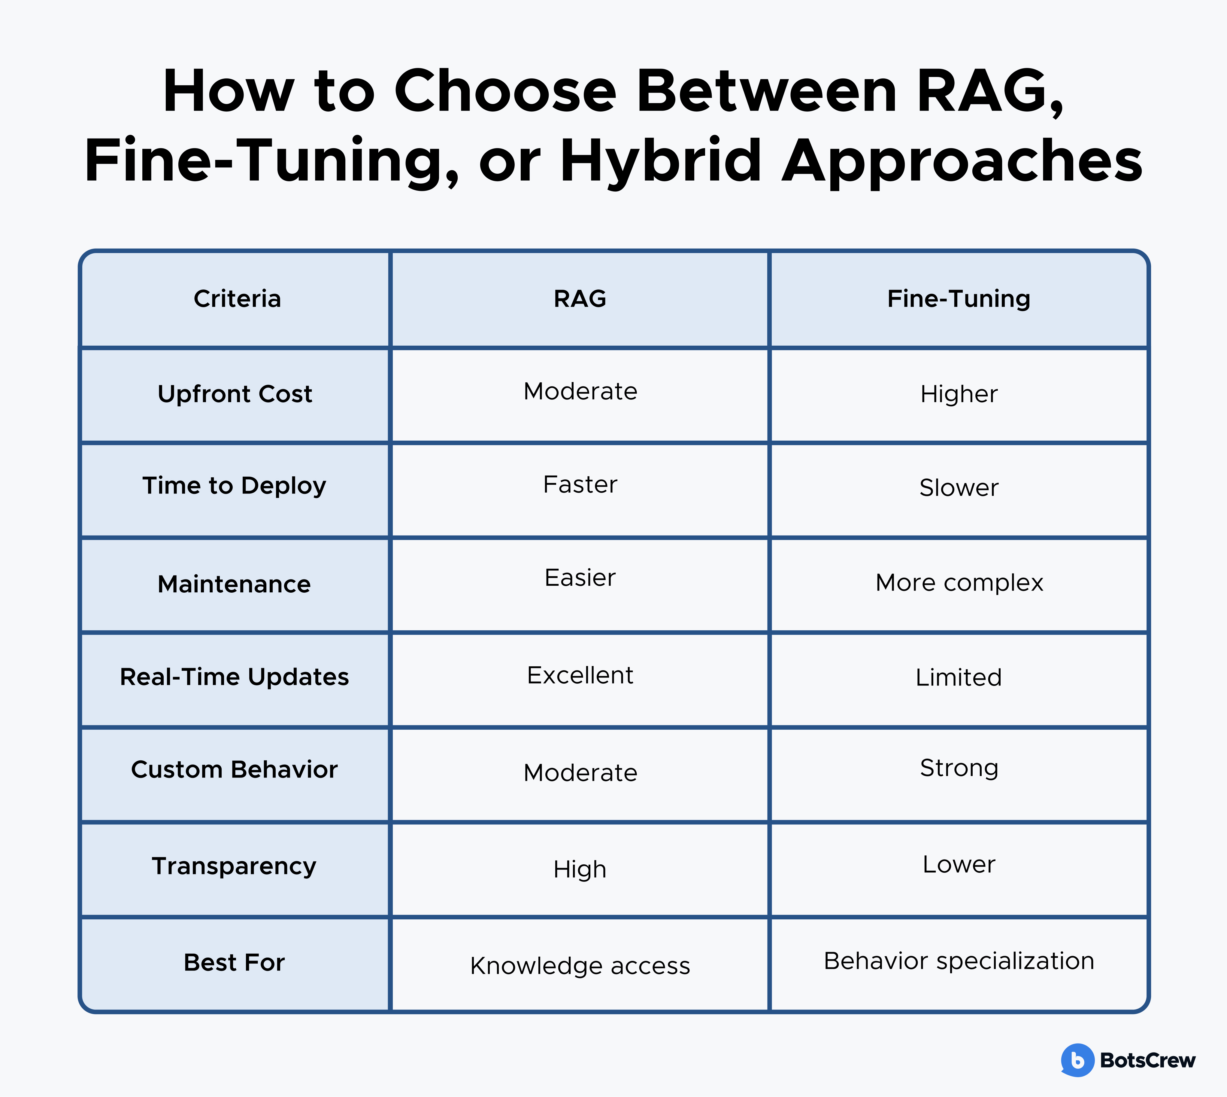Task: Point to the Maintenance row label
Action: [234, 584]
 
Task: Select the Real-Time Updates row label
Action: [234, 677]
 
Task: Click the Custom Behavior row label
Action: [234, 770]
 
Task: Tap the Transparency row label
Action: [234, 866]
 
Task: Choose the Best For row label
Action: [234, 963]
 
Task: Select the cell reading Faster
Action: [580, 484]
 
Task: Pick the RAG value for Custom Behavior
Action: [580, 773]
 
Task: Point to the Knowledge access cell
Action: [580, 966]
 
